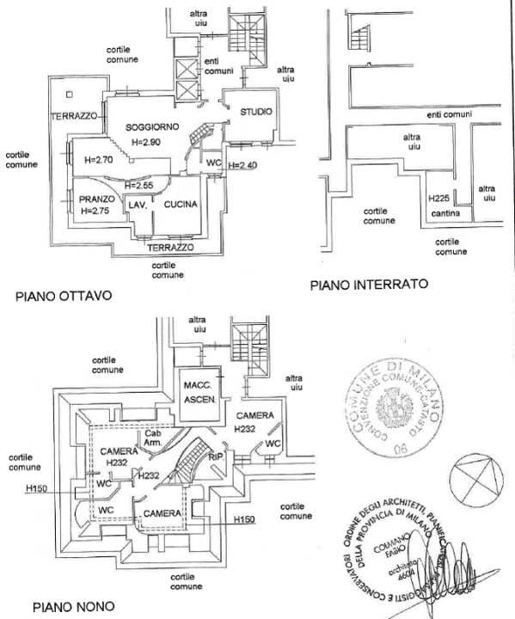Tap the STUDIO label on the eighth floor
click(x=256, y=112)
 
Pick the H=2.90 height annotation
click(x=150, y=141)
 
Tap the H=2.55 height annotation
click(x=138, y=186)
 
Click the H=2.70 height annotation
click(x=100, y=160)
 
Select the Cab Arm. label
click(x=154, y=438)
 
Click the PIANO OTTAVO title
click(x=64, y=296)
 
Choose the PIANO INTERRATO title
click(x=369, y=285)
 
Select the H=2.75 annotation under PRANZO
click(x=95, y=211)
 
